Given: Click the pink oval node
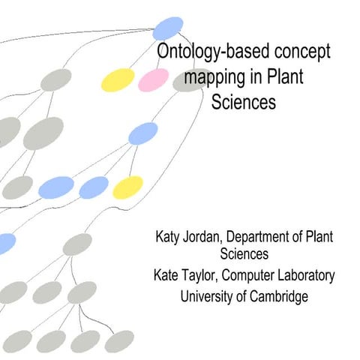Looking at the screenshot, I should tap(153, 79).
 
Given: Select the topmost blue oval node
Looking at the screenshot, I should tap(168, 28).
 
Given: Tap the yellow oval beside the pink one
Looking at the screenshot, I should tap(118, 79).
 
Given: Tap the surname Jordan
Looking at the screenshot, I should tap(203, 237).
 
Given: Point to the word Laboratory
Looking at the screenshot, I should tap(309, 276).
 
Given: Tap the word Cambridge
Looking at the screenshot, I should tap(280, 296).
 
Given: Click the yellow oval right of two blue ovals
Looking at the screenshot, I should tap(127, 187).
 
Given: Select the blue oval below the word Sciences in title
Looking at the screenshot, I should tap(142, 133).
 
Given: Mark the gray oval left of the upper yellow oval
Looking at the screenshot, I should tap(55, 79).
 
